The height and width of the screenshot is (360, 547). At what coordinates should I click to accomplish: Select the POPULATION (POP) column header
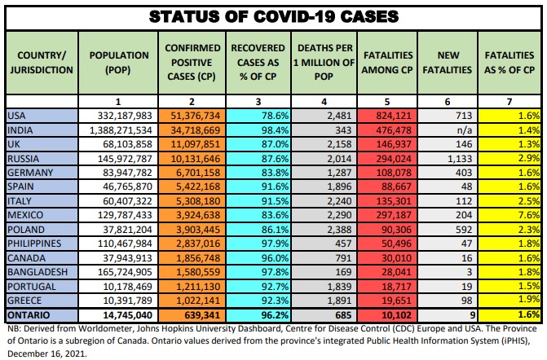tap(119, 61)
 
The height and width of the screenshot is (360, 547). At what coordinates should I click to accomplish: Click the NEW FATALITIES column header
tap(444, 62)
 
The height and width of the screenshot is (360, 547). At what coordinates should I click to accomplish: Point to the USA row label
tap(17, 116)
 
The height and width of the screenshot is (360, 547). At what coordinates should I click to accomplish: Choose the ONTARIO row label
tap(29, 314)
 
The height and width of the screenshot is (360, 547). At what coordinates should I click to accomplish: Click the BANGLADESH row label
tap(35, 271)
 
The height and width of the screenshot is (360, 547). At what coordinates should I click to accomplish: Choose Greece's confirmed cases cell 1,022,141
tap(192, 299)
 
